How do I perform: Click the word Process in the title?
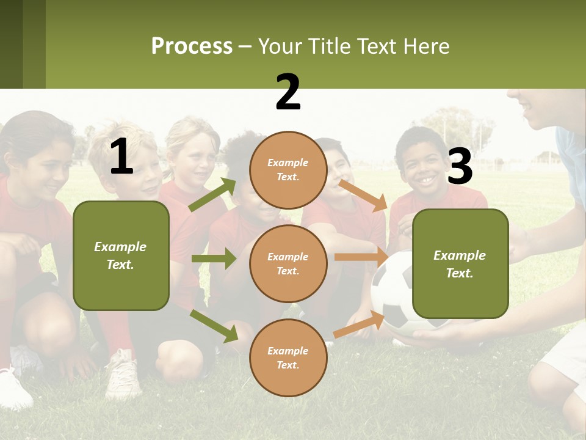click(192, 46)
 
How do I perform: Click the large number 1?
click(121, 157)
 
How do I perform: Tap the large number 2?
click(288, 92)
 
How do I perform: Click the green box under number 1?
click(121, 255)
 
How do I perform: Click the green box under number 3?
click(460, 263)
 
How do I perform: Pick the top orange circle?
click(288, 170)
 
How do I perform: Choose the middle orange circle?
click(288, 263)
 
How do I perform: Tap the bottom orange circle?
click(288, 358)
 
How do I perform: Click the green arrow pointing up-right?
click(212, 195)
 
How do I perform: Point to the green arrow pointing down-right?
click(214, 326)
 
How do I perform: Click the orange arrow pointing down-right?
click(363, 195)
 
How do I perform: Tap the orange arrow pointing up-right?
click(359, 324)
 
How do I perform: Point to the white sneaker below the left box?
click(124, 374)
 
